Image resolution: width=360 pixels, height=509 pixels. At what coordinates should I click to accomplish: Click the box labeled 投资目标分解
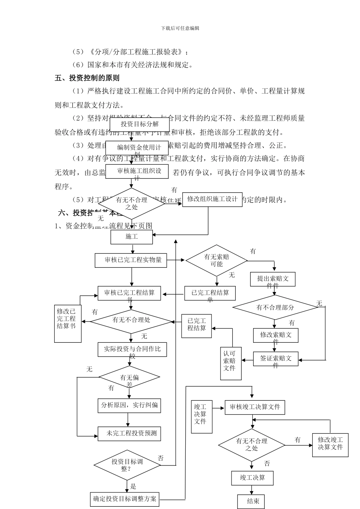pyautogui.click(x=139, y=124)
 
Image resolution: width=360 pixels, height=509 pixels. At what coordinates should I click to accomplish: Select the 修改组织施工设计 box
pyautogui.click(x=212, y=199)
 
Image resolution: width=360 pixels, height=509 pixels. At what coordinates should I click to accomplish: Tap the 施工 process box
pyautogui.click(x=131, y=237)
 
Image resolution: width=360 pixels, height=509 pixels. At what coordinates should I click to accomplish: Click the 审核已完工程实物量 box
pyautogui.click(x=131, y=260)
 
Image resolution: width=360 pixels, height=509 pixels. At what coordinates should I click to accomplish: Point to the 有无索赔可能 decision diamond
pyautogui.click(x=216, y=260)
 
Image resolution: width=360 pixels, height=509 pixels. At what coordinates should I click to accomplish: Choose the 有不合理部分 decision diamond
pyautogui.click(x=275, y=308)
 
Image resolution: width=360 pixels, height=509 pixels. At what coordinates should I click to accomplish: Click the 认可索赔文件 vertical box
pyautogui.click(x=231, y=363)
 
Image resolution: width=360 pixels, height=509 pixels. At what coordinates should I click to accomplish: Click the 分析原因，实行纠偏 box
pyautogui.click(x=129, y=405)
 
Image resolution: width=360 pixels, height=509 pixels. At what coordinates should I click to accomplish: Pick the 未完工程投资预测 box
pyautogui.click(x=129, y=433)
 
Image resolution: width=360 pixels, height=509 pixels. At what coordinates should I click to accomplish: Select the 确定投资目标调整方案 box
pyautogui.click(x=125, y=499)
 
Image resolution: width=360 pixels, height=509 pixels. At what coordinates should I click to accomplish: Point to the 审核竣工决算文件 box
pyautogui.click(x=255, y=407)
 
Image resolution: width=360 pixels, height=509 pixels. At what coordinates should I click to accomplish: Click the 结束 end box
pyautogui.click(x=253, y=501)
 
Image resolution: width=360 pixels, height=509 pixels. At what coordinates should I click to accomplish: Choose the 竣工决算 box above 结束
pyautogui.click(x=252, y=478)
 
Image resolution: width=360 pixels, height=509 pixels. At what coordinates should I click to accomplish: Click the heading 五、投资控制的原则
pyautogui.click(x=87, y=78)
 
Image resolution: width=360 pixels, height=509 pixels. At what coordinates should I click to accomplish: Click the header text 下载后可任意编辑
pyautogui.click(x=180, y=28)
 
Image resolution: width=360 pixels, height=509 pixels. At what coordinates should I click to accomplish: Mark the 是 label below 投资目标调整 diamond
pyautogui.click(x=133, y=487)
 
